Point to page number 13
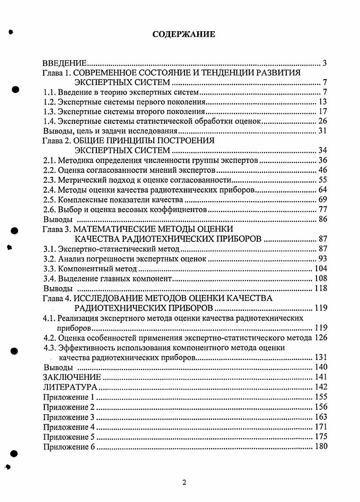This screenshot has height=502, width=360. click(x=322, y=102)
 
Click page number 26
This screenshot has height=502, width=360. click(x=322, y=121)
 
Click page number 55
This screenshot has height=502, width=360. click(x=322, y=180)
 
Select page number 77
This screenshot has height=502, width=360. click(x=322, y=209)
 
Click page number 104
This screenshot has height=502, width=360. click(x=321, y=269)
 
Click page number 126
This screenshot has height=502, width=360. click(x=321, y=338)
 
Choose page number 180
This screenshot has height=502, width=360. click(x=321, y=447)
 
